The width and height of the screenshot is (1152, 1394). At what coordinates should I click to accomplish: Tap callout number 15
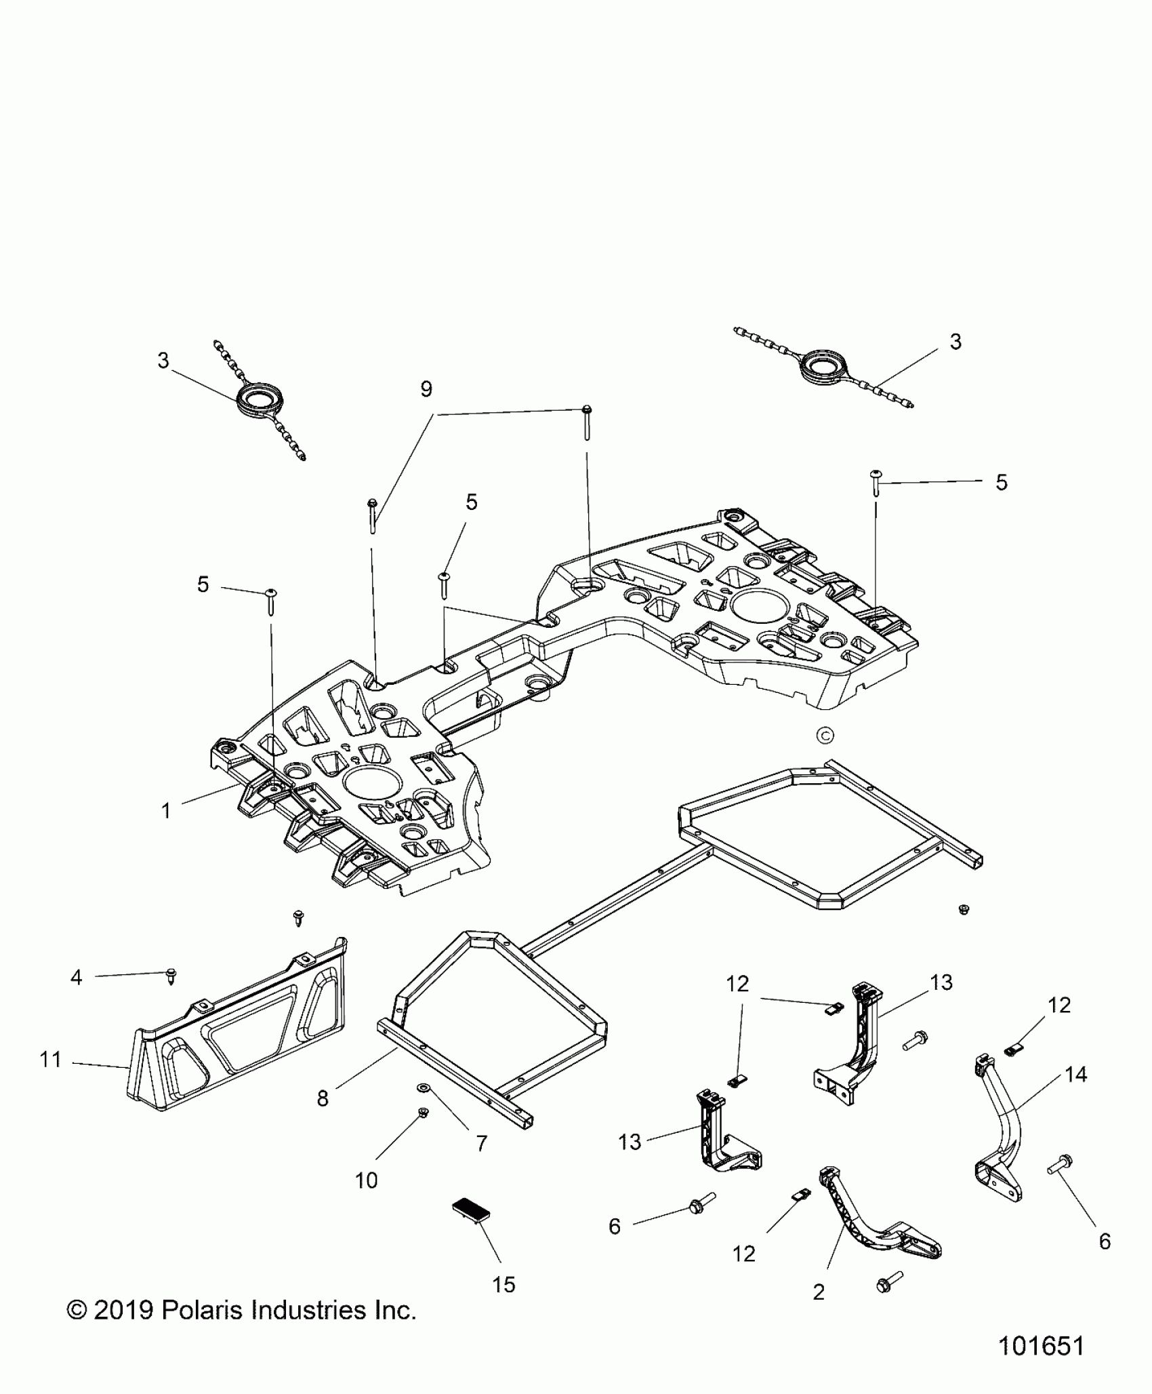tap(504, 1284)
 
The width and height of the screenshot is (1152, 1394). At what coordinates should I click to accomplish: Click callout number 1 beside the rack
tap(166, 810)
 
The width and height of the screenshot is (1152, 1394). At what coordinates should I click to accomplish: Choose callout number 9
tap(426, 389)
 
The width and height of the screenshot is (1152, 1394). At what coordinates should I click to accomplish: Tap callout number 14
tap(1076, 1074)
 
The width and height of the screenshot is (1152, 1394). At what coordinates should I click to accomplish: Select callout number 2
tap(819, 1292)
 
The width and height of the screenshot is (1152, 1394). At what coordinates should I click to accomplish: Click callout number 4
tap(77, 977)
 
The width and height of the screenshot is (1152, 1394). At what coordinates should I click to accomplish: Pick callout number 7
tap(482, 1143)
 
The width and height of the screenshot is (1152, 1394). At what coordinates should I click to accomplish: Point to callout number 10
tap(366, 1180)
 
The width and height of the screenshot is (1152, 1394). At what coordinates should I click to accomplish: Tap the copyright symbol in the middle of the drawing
tap(825, 735)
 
